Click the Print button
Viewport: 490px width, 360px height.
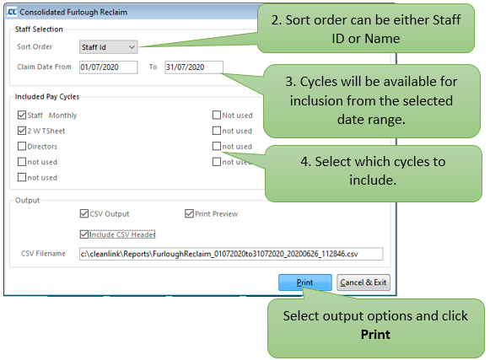(304, 282)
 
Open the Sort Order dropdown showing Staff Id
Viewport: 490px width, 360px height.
(108, 47)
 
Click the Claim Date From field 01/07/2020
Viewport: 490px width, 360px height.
(108, 67)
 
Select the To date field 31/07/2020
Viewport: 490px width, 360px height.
(194, 67)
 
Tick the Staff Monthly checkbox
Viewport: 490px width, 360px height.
(22, 115)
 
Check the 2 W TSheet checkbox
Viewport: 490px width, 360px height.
(22, 131)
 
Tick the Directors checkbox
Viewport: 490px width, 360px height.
(22, 146)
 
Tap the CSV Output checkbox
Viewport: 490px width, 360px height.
(84, 213)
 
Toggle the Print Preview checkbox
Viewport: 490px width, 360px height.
(189, 213)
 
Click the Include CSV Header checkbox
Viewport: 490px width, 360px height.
(84, 234)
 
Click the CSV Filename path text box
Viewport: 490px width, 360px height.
(231, 254)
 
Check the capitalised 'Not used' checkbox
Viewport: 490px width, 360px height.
(216, 115)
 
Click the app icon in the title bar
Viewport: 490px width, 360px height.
(12, 12)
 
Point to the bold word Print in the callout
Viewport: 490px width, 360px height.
(375, 335)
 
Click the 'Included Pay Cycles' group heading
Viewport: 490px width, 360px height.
(47, 97)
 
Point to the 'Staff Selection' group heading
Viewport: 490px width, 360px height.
(39, 29)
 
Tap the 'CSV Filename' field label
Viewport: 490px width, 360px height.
(43, 254)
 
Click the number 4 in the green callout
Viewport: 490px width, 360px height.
(304, 162)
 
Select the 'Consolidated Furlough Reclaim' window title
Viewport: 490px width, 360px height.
(73, 12)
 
